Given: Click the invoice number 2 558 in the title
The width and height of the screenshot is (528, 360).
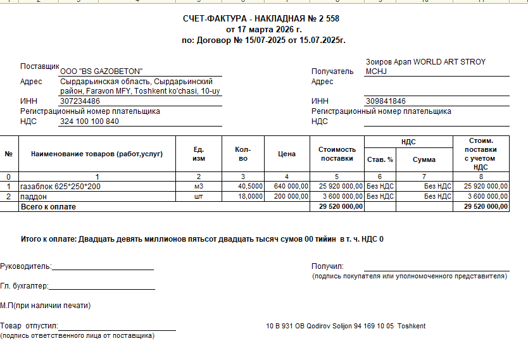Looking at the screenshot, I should (x=330, y=18).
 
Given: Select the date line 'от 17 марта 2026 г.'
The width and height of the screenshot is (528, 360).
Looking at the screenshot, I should (x=263, y=29).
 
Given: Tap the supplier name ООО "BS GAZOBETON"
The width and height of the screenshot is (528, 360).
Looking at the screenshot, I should (x=101, y=71).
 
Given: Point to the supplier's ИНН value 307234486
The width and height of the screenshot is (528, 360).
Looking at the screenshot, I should (x=80, y=101).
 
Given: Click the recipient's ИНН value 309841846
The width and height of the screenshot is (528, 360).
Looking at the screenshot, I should (x=386, y=101).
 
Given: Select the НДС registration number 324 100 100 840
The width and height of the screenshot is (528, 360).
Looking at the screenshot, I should (x=89, y=121).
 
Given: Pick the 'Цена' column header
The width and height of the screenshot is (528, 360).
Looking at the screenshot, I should (x=287, y=154).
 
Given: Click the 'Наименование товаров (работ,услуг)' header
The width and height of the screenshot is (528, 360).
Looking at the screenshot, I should (x=96, y=154).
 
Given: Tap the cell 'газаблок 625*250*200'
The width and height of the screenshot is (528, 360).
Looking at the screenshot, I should (x=61, y=187).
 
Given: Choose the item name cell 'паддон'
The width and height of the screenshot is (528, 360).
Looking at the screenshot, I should (x=34, y=197).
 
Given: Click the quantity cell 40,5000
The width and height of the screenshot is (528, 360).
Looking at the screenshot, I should (x=251, y=187).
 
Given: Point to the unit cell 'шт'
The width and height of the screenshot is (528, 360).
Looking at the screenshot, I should (x=199, y=197).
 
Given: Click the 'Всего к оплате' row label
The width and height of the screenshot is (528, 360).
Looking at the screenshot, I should (x=48, y=207).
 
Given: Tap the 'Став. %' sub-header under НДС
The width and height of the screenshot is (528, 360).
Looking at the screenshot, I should (x=380, y=159).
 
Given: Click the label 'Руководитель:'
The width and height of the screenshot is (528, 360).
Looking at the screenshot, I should (x=26, y=266).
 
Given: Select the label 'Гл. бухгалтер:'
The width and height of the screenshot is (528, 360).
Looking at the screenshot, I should (x=25, y=286).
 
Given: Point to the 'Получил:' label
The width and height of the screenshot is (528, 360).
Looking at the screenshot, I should (x=327, y=266).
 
